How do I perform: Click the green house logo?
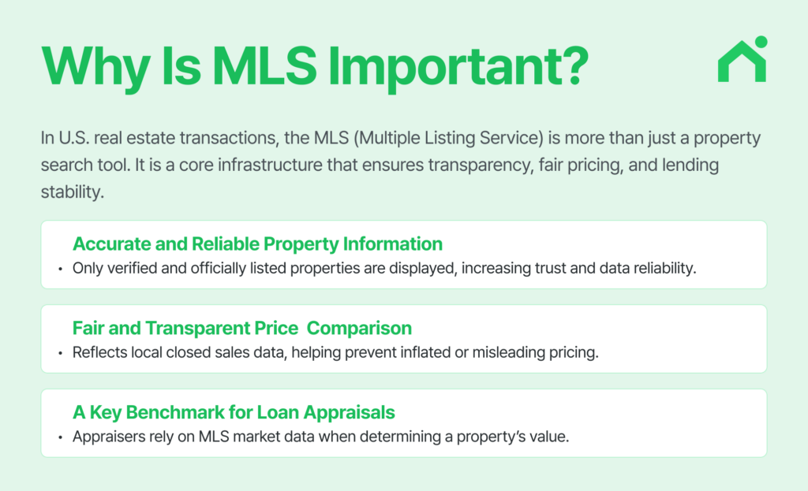[x=741, y=63]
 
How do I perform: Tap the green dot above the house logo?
[x=761, y=42]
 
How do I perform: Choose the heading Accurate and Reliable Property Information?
[x=257, y=244]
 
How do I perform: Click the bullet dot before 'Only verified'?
[x=61, y=269]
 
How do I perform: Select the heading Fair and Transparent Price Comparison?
[x=241, y=327]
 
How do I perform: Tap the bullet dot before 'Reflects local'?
[x=61, y=353]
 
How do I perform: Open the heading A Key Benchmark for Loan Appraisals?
[x=234, y=411]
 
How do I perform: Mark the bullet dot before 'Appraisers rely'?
[x=61, y=437]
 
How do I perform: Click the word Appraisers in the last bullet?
[x=108, y=437]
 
